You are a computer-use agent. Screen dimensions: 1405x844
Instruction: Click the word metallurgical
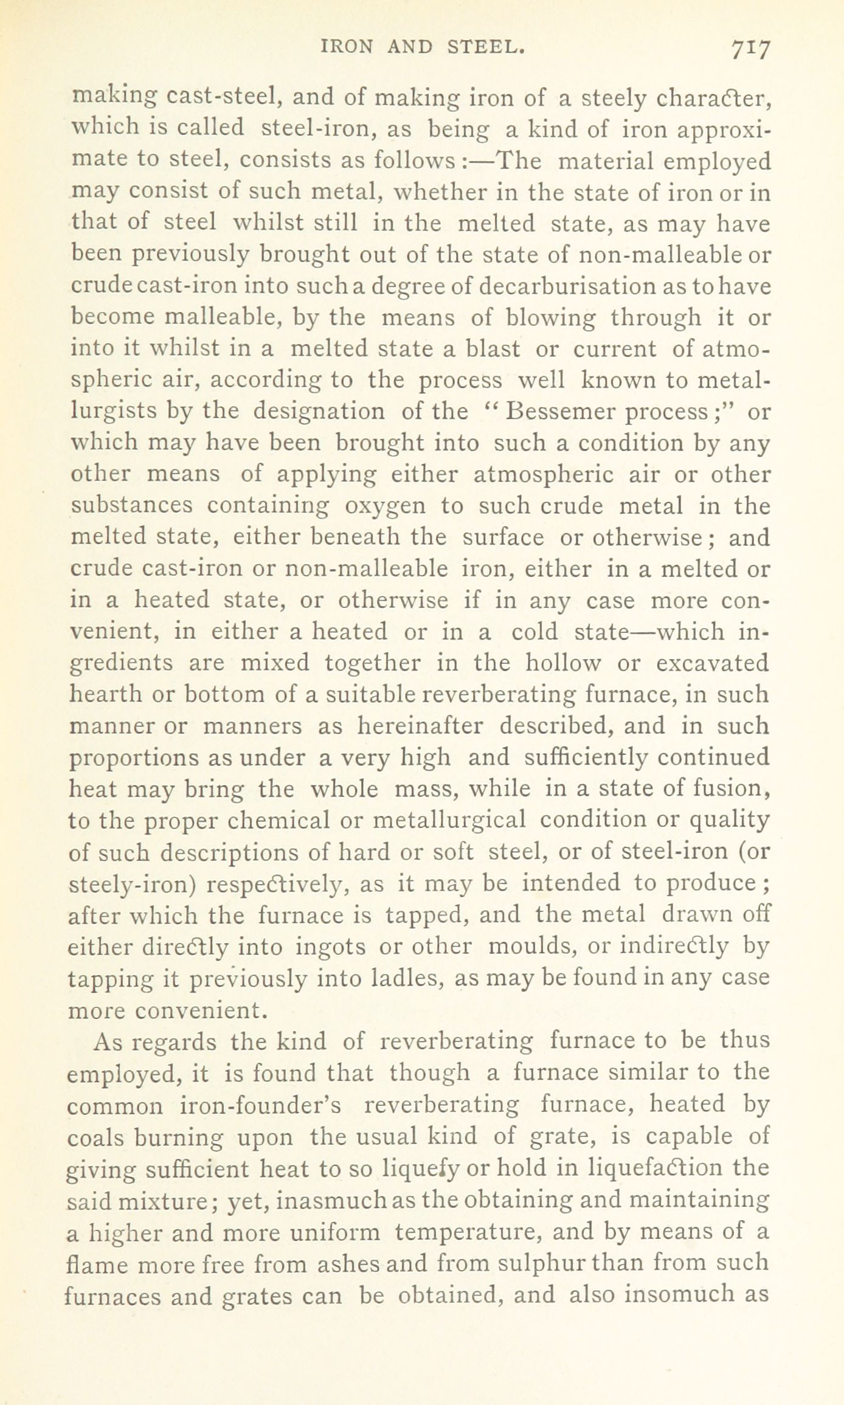click(x=448, y=820)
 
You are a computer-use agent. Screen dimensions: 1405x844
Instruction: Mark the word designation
click(x=319, y=412)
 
